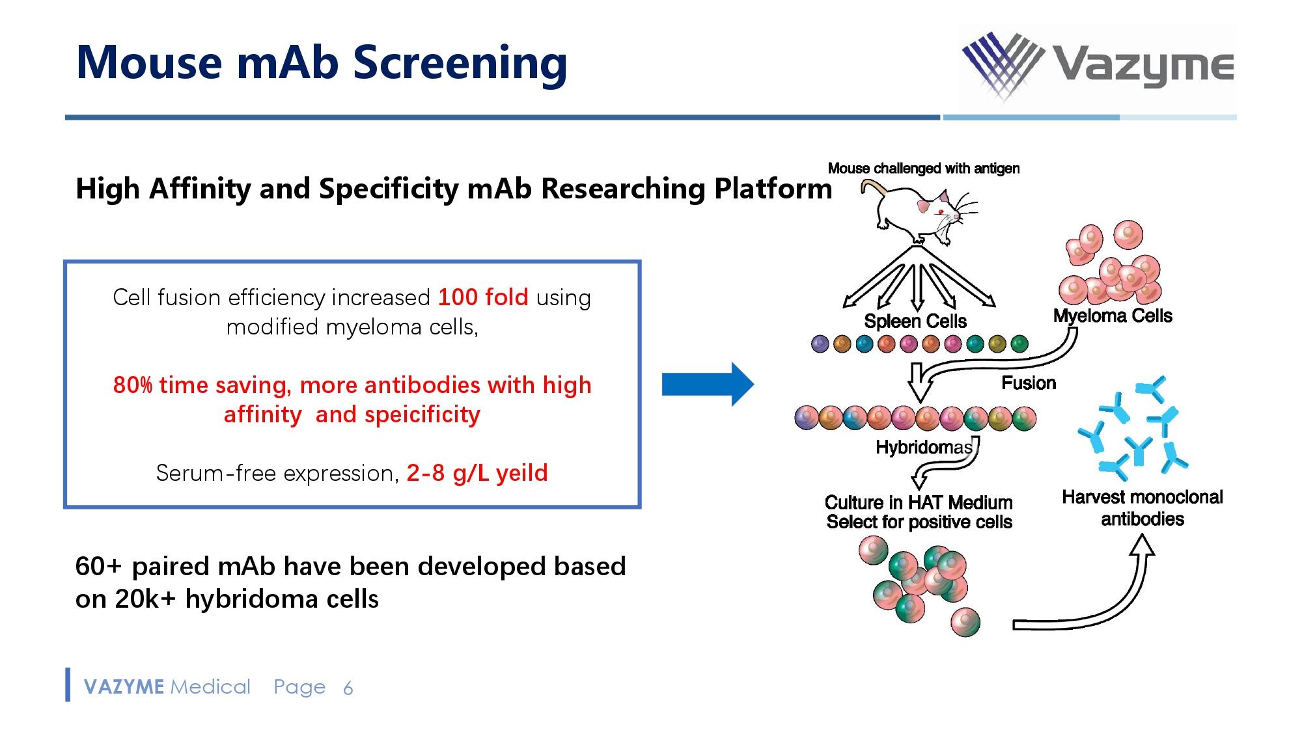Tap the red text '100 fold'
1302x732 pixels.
tap(482, 297)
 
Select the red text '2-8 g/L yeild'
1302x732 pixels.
tap(477, 473)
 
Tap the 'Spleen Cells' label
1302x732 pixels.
tap(915, 321)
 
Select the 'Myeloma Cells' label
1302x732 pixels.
tap(1113, 316)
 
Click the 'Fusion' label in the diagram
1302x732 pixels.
tap(1029, 383)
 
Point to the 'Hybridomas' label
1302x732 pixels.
tap(924, 447)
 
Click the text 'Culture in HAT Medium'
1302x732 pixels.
tap(919, 502)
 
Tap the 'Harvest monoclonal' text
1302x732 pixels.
tap(1142, 497)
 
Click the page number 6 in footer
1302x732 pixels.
tap(348, 688)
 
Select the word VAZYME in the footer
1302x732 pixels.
tap(124, 687)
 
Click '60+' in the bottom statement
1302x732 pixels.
tap(98, 566)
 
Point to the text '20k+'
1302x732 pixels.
tap(145, 599)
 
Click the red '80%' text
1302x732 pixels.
tap(133, 385)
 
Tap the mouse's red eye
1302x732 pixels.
tap(940, 212)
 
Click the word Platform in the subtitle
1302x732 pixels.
tap(773, 189)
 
